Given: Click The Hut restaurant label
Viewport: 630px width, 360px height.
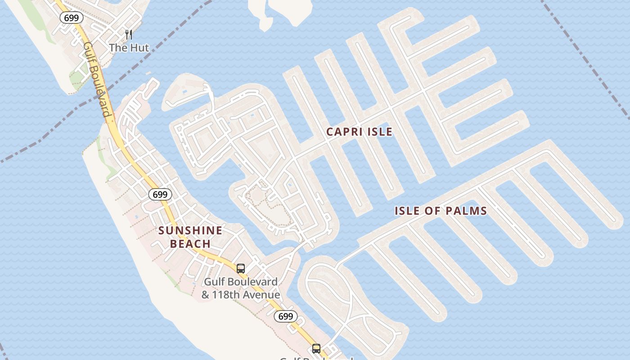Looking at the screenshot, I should click(129, 48).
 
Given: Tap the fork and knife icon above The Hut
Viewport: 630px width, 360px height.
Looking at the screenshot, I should click(129, 35).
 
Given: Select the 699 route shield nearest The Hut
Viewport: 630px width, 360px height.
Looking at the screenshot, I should click(72, 18).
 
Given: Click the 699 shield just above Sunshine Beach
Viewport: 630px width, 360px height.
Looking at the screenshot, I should click(160, 194).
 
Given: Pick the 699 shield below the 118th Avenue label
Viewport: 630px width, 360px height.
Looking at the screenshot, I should click(286, 316).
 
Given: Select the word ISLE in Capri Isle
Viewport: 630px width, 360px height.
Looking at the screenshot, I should click(379, 132).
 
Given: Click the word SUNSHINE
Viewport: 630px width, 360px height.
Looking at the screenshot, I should click(190, 231).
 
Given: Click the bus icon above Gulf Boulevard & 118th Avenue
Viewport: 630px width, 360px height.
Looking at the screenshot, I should click(241, 269).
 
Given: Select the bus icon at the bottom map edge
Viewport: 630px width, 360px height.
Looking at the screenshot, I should click(316, 348).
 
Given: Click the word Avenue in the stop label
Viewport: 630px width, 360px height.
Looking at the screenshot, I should click(263, 295).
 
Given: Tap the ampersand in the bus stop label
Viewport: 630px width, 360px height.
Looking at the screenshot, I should click(206, 295).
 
